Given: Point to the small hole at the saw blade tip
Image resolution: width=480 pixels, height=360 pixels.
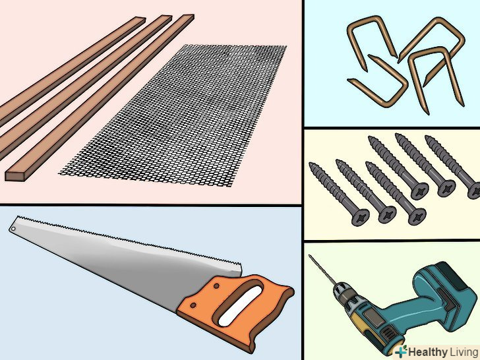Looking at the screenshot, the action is tap(13, 229).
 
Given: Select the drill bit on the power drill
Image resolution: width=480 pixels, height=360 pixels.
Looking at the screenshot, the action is tap(322, 270).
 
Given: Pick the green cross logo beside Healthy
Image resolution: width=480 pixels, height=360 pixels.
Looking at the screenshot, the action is tap(401, 351).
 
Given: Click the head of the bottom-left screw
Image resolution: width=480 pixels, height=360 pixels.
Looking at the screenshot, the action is tap(360, 218).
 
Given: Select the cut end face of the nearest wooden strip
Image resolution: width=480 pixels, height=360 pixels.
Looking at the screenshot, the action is tap(15, 175).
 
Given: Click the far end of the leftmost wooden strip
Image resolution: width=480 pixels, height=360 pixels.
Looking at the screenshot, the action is tap(138, 18).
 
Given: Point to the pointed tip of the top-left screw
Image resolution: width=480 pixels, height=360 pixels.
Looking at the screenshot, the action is tap(370, 138).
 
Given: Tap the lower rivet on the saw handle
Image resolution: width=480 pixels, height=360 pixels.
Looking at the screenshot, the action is tap(193, 305).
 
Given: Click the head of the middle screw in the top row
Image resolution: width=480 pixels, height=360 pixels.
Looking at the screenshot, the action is tap(446, 187).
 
